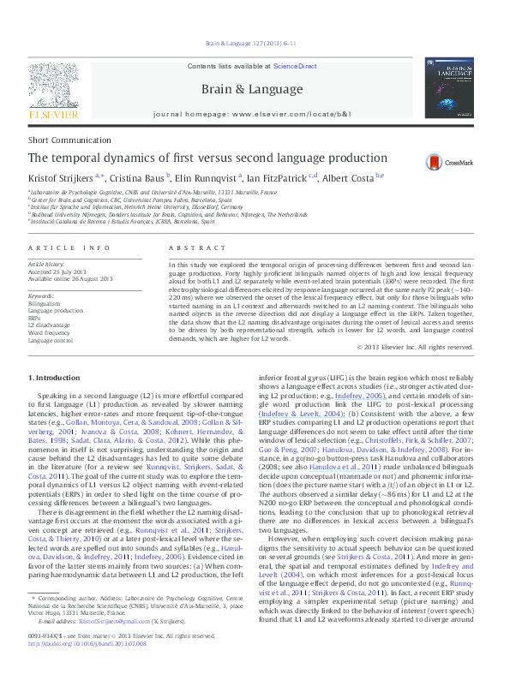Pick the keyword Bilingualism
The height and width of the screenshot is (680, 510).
45,304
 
